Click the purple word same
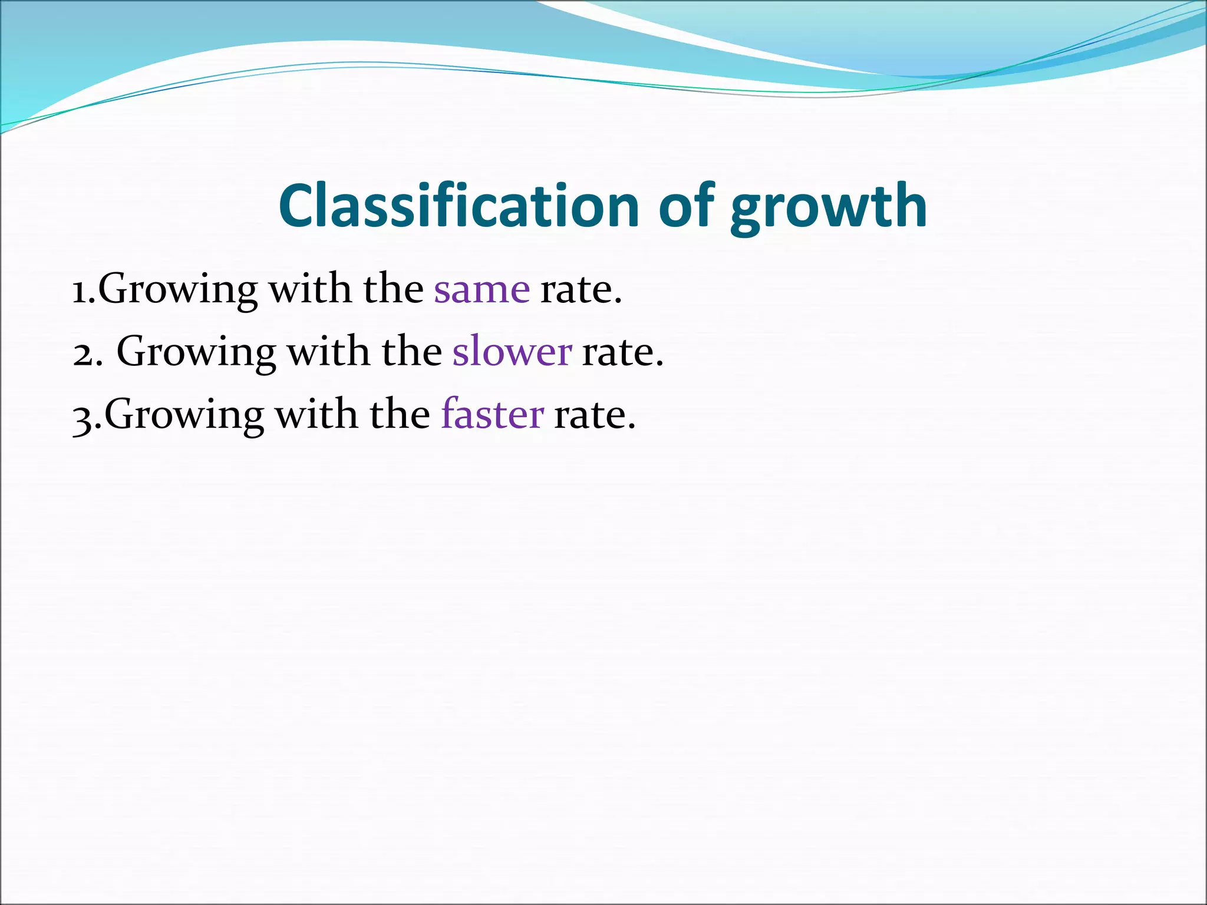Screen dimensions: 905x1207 pos(482,290)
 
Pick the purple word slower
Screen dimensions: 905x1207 pos(512,352)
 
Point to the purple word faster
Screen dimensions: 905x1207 pos(492,414)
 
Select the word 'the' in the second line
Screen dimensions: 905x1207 pos(411,351)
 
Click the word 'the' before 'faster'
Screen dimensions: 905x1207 pos(400,414)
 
